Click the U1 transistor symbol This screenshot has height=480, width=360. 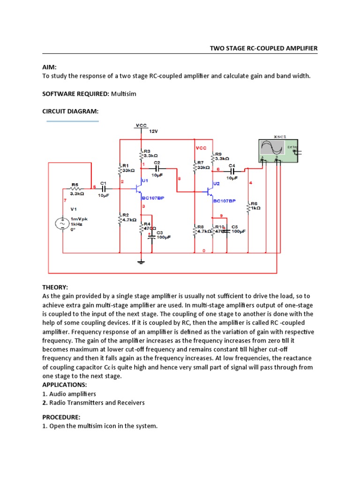(x=138, y=188)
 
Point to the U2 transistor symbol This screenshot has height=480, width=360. (x=209, y=191)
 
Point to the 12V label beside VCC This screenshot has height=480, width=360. (x=154, y=132)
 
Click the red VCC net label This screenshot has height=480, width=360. (x=201, y=148)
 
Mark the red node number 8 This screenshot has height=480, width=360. (x=179, y=179)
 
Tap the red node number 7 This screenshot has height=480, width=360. (x=65, y=200)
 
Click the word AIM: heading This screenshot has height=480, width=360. (x=49, y=67)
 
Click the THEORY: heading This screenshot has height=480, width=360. (x=55, y=287)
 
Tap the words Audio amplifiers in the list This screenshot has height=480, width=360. (x=72, y=394)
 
